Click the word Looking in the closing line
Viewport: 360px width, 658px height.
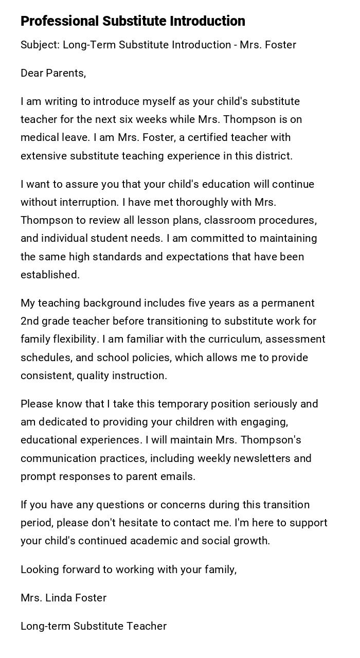click(38, 570)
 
